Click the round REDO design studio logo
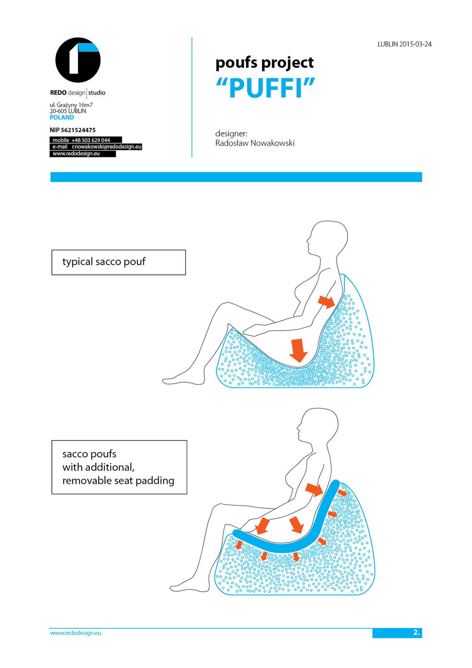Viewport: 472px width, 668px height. pyautogui.click(x=78, y=60)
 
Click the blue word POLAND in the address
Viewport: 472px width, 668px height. pyautogui.click(x=62, y=117)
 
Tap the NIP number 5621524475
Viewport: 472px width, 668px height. pyautogui.click(x=78, y=130)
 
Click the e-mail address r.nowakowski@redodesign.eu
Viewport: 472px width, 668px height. pyautogui.click(x=106, y=147)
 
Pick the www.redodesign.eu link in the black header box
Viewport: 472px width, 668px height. pyautogui.click(x=76, y=154)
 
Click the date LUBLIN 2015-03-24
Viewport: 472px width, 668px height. pyautogui.click(x=404, y=44)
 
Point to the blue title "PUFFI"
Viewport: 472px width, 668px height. pyautogui.click(x=265, y=87)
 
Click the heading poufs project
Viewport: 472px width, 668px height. pyautogui.click(x=264, y=63)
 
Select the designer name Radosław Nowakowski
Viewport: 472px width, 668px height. pyautogui.click(x=254, y=143)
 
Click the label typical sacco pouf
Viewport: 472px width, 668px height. pyautogui.click(x=104, y=262)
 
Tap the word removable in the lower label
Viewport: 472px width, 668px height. pyautogui.click(x=87, y=481)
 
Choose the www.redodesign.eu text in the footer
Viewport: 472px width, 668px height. pyautogui.click(x=76, y=633)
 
